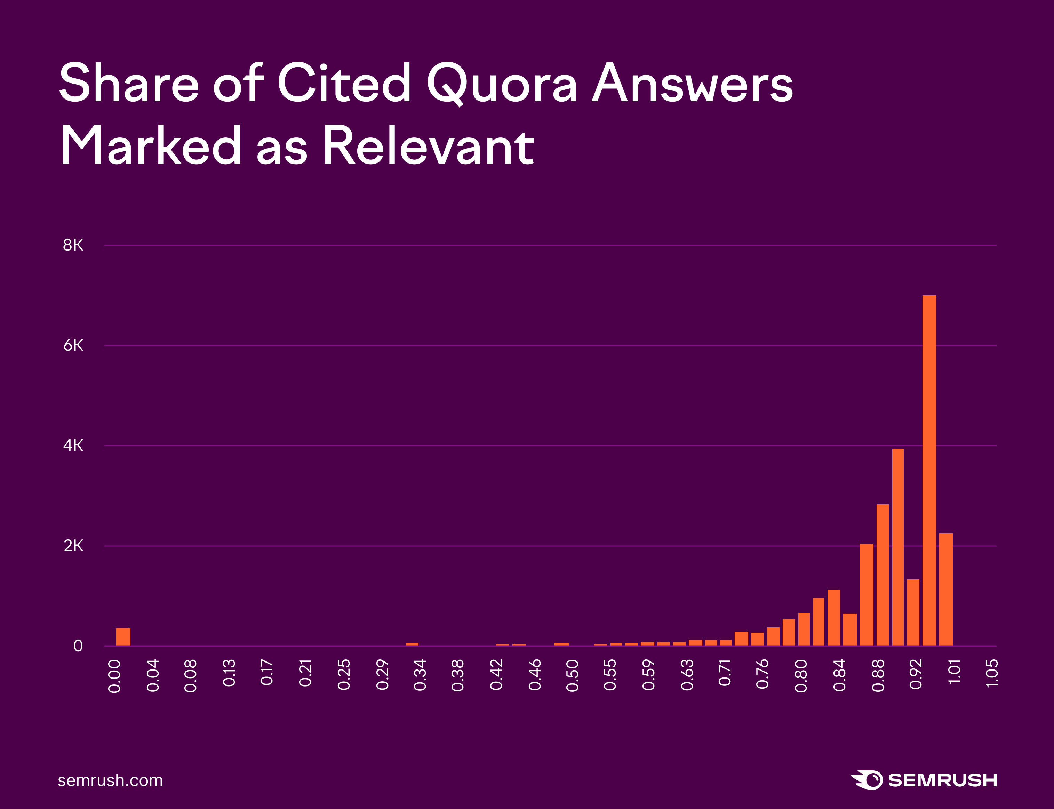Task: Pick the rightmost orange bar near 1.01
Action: pyautogui.click(x=946, y=589)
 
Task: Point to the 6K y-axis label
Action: pyautogui.click(x=73, y=345)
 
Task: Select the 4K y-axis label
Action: pyautogui.click(x=73, y=445)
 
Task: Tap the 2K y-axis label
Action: pyautogui.click(x=73, y=546)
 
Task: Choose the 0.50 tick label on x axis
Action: pyautogui.click(x=572, y=676)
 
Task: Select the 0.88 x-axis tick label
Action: pyautogui.click(x=878, y=676)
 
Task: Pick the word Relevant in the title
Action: pyautogui.click(x=428, y=145)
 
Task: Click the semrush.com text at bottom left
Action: pyautogui.click(x=110, y=780)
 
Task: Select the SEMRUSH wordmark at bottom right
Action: pyautogui.click(x=942, y=780)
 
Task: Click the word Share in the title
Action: pyautogui.click(x=129, y=83)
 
